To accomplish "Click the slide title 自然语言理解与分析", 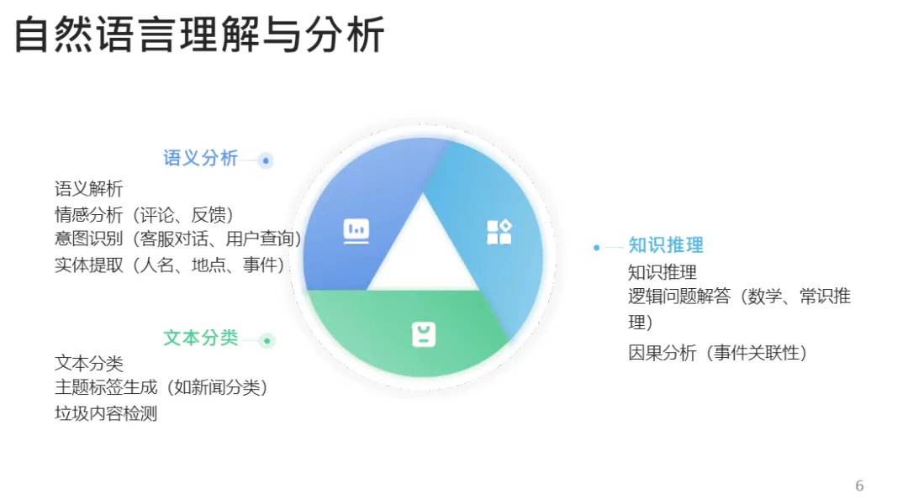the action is pyautogui.click(x=199, y=36).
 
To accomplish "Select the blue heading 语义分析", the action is pyautogui.click(x=200, y=158).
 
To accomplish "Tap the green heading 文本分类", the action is pyautogui.click(x=200, y=338).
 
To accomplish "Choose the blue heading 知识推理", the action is pyautogui.click(x=666, y=245).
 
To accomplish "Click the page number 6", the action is pyautogui.click(x=859, y=486).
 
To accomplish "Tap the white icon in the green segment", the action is pyautogui.click(x=424, y=334).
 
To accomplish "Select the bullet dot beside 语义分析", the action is pyautogui.click(x=266, y=160).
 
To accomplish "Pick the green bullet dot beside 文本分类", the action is pyautogui.click(x=267, y=340).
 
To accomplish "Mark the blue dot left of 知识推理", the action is pyautogui.click(x=596, y=247).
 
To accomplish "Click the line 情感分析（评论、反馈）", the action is pyautogui.click(x=145, y=215).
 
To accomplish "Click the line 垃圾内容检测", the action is pyautogui.click(x=106, y=413).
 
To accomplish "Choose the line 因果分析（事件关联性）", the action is pyautogui.click(x=718, y=353).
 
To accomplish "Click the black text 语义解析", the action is pyautogui.click(x=89, y=189).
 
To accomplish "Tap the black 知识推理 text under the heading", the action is pyautogui.click(x=663, y=272).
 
